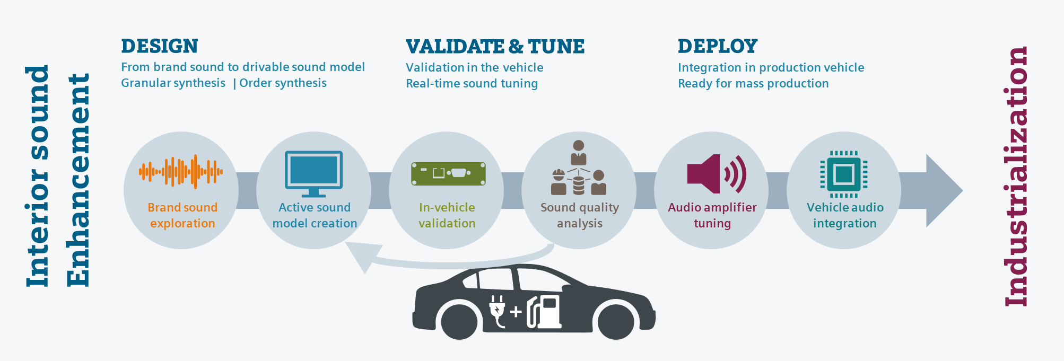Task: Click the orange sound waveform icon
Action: pos(181,172)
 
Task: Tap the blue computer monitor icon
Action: pos(313,171)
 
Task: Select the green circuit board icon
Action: pos(448,174)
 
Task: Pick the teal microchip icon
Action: pos(843,174)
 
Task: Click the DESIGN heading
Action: pos(160,46)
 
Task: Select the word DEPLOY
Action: pos(718,46)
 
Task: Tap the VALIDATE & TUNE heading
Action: pos(495,47)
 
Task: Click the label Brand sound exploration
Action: pos(182,215)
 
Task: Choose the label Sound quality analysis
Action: pos(579,215)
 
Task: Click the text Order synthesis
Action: pos(283,83)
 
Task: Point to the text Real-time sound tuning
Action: pos(472,84)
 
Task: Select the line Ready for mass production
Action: pos(753,84)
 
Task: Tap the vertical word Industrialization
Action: pos(1016,177)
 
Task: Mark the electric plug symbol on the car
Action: pos(497,311)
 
